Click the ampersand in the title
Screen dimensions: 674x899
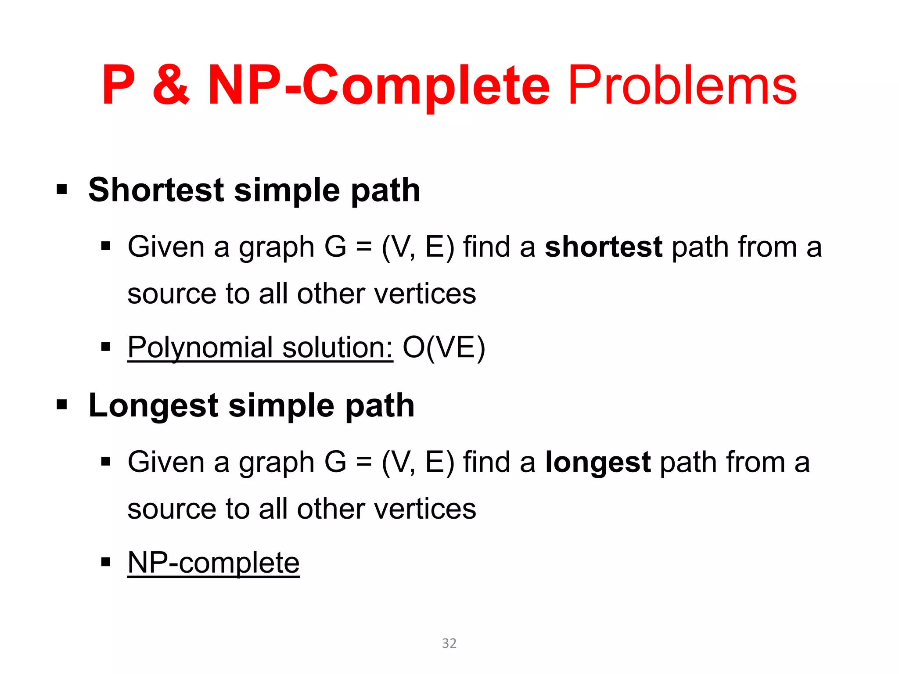171,86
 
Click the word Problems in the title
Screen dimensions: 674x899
682,86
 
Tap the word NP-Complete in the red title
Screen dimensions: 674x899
378,86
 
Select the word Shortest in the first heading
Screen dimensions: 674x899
156,190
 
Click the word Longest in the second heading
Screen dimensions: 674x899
153,405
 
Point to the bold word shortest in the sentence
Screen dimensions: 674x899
603,247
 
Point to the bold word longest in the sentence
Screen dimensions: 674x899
597,462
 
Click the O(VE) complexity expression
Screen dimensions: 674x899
444,348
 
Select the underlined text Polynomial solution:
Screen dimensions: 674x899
260,348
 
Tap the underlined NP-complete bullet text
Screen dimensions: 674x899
213,563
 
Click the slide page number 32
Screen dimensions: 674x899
449,643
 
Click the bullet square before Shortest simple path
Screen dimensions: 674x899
62,190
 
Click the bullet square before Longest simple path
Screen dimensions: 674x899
62,405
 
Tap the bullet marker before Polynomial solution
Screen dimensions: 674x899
105,348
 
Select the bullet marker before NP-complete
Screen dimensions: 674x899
105,563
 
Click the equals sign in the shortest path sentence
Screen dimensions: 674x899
363,247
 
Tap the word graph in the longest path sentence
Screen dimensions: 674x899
277,463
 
